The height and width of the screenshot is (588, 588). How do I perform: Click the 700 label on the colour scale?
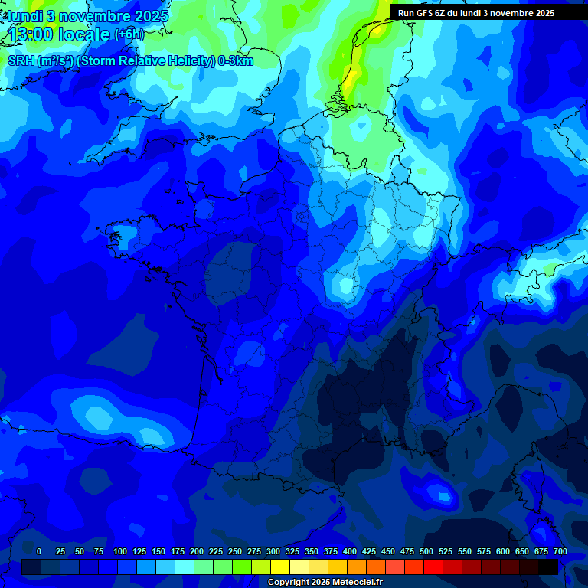[560, 551]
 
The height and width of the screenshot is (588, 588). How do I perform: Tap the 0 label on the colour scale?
[39, 551]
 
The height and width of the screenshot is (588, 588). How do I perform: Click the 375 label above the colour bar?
[331, 551]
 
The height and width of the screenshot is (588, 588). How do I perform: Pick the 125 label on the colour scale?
[139, 551]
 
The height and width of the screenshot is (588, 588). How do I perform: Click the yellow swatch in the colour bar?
[280, 567]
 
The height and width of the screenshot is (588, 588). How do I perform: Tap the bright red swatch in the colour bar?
[433, 567]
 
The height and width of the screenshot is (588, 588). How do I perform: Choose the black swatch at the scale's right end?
[548, 567]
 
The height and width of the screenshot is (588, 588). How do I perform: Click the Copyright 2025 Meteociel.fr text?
[325, 583]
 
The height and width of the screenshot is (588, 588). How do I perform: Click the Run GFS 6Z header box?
[476, 13]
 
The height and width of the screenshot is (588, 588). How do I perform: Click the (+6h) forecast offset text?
[129, 34]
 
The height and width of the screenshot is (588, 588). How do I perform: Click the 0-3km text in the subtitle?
[236, 61]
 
